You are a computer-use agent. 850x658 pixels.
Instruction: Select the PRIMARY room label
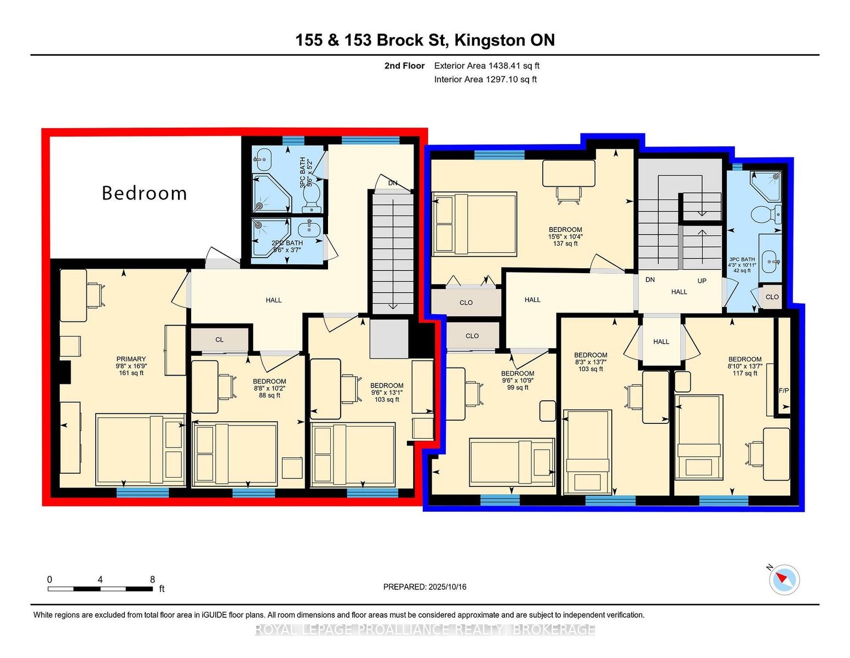[131, 359]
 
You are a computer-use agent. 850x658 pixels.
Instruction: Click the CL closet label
[220, 340]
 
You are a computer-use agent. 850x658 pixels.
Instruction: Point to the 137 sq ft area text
[565, 243]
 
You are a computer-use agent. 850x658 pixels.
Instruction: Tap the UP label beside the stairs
[702, 281]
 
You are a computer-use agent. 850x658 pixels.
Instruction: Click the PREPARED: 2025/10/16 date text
[425, 587]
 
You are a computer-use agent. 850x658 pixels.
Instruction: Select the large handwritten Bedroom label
[145, 194]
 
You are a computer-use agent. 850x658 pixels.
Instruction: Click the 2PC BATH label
[287, 243]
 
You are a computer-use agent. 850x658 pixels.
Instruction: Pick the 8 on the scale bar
[152, 580]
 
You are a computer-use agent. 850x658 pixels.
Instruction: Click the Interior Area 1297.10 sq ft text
[485, 80]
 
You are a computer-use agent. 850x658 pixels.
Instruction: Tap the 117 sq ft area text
[745, 373]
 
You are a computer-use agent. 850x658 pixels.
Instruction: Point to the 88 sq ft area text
[269, 395]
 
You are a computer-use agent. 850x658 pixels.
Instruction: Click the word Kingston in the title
[489, 41]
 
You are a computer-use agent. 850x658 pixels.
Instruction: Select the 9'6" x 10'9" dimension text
[518, 381]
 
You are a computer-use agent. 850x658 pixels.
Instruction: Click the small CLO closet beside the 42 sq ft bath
[772, 297]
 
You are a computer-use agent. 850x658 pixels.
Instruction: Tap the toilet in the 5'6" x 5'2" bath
[312, 197]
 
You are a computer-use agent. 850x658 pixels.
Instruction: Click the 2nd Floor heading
[405, 66]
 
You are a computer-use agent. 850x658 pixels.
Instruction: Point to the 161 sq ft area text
[131, 373]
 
